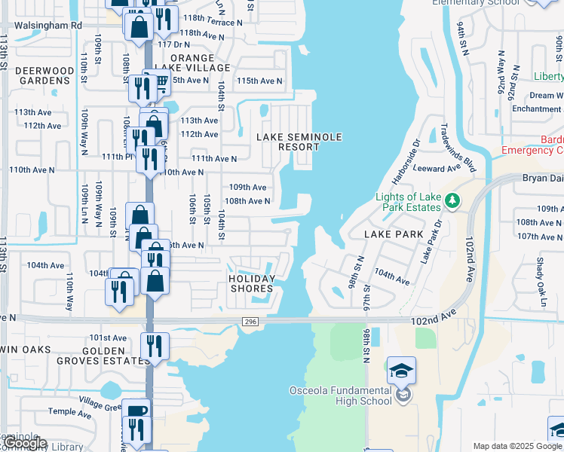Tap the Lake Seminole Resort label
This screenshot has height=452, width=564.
(x=299, y=142)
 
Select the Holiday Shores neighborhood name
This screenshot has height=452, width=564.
(x=251, y=283)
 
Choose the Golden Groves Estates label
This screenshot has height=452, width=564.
(x=103, y=356)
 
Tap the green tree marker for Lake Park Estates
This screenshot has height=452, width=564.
(x=452, y=200)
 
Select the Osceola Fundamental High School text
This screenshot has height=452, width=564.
(x=342, y=395)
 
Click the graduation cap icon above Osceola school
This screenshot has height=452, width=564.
(x=401, y=370)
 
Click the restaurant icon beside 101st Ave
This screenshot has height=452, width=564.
(x=154, y=346)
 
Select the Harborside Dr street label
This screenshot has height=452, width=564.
(x=406, y=160)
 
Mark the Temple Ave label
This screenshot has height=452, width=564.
(x=69, y=412)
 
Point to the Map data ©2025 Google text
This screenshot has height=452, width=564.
(x=516, y=446)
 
